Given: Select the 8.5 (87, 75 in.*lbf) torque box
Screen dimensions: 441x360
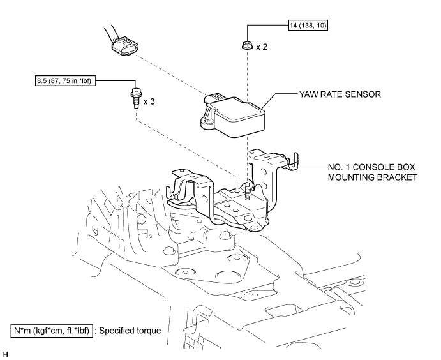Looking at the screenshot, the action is click(x=65, y=81).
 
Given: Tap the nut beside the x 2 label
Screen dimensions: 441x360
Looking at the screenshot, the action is click(x=246, y=45).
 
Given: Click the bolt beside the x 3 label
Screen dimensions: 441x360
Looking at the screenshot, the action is click(x=135, y=97).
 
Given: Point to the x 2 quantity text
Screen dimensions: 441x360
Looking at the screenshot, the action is click(x=262, y=47).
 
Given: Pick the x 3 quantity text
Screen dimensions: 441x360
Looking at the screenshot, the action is click(x=149, y=101).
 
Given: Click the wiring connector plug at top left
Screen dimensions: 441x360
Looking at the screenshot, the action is click(x=125, y=45).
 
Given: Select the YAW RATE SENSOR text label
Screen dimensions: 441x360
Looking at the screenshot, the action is click(x=340, y=94).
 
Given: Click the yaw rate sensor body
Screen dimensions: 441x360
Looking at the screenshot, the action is click(x=234, y=116).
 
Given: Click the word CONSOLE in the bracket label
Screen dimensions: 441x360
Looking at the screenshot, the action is click(x=377, y=167).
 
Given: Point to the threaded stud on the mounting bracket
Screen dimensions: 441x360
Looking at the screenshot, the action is click(x=248, y=191).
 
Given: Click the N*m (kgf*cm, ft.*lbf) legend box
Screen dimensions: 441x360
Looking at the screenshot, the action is click(x=52, y=331).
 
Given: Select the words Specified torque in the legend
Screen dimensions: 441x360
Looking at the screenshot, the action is click(x=130, y=331).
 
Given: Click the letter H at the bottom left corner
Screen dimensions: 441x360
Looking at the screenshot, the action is click(x=6, y=354).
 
